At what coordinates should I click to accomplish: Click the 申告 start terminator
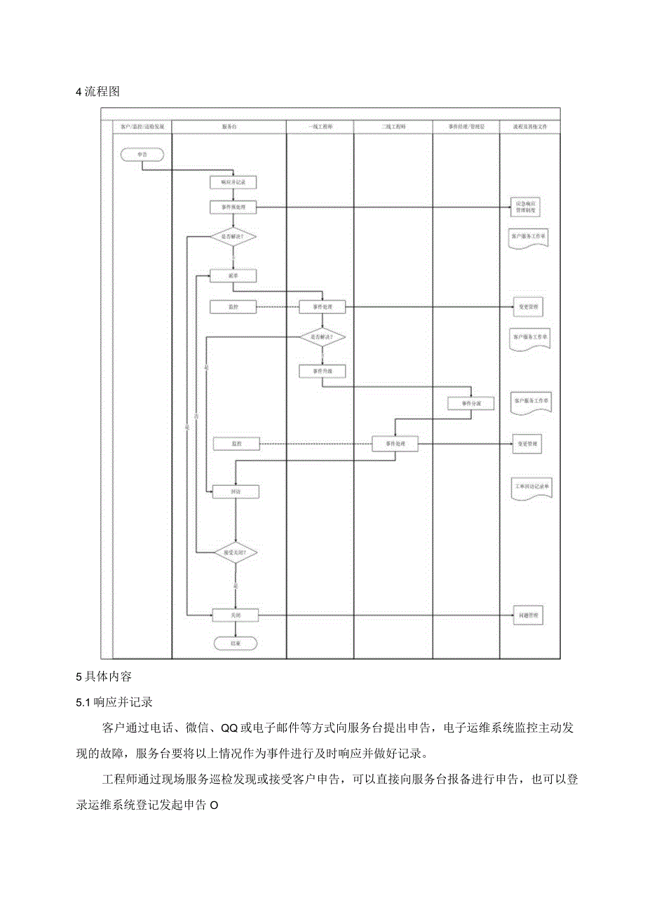[142, 153]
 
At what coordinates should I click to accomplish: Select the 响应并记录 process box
[233, 182]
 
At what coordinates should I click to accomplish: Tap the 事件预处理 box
[233, 207]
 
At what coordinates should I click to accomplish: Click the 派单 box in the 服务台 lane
[233, 276]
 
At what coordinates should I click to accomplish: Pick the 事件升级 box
[322, 370]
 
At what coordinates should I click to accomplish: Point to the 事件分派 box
[472, 403]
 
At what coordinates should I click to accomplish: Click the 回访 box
[236, 492]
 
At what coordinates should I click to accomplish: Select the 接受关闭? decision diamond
[236, 552]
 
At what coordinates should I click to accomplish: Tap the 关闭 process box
[236, 615]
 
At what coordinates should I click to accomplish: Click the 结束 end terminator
[236, 642]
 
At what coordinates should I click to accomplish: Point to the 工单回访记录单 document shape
[531, 487]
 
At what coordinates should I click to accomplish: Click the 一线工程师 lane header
[320, 127]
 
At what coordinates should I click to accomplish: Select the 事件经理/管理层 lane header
[466, 127]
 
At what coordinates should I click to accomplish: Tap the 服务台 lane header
[229, 127]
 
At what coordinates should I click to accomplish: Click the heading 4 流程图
[98, 92]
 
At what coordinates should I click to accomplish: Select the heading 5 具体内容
[103, 677]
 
